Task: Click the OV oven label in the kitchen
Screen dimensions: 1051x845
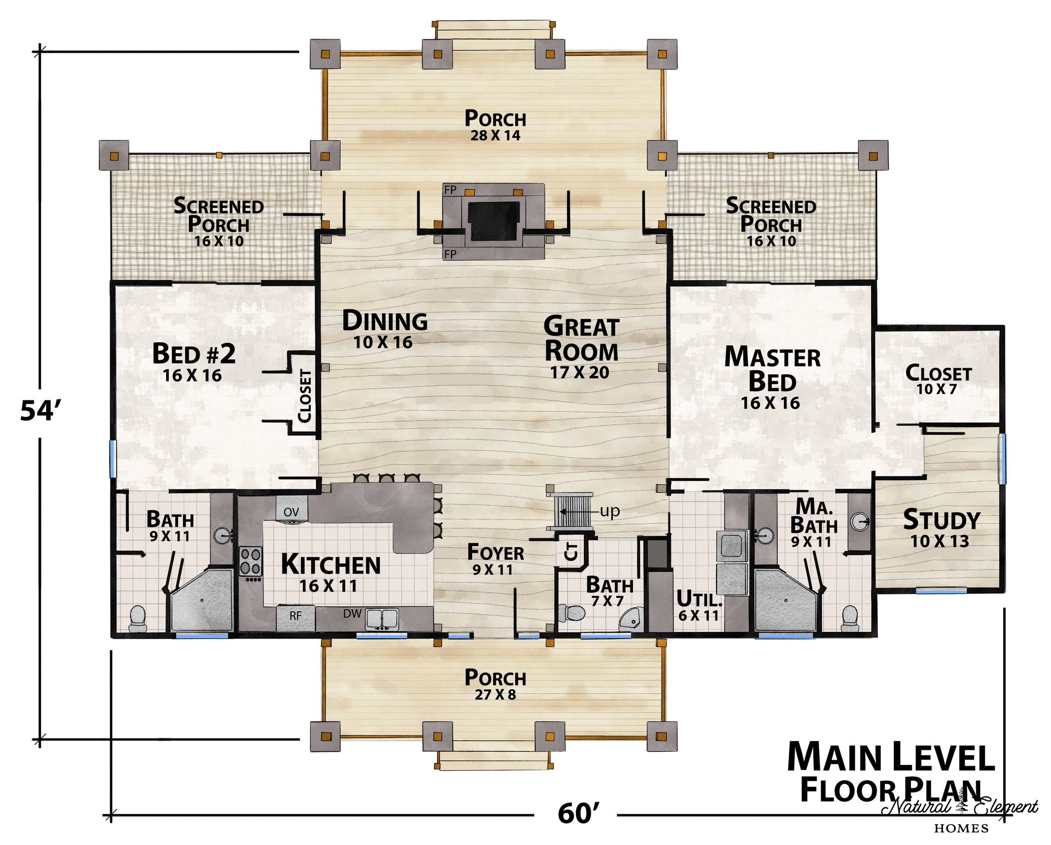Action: click(291, 512)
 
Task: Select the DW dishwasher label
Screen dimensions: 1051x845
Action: click(352, 613)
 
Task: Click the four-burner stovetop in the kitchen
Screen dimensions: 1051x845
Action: click(250, 561)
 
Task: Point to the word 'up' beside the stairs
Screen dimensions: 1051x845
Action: click(609, 512)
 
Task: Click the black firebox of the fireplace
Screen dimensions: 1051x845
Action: click(494, 220)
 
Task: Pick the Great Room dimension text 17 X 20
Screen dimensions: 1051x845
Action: click(580, 373)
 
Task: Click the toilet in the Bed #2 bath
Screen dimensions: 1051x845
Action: click(138, 619)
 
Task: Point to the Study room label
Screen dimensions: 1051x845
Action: click(941, 520)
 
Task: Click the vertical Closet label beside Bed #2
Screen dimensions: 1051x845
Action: click(305, 396)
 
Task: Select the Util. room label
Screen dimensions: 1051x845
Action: click(699, 598)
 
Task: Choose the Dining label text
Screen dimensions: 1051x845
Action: click(385, 321)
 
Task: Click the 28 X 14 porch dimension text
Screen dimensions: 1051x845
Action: click(495, 135)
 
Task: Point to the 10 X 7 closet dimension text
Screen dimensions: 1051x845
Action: click(936, 389)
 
